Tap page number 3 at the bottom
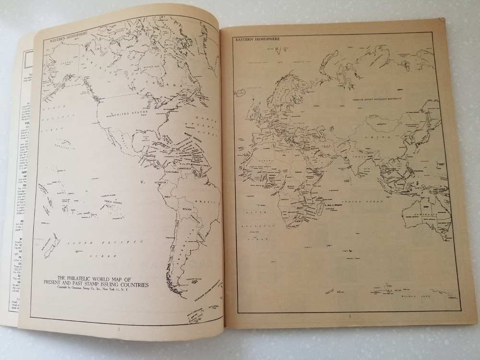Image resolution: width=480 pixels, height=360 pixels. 350,316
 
